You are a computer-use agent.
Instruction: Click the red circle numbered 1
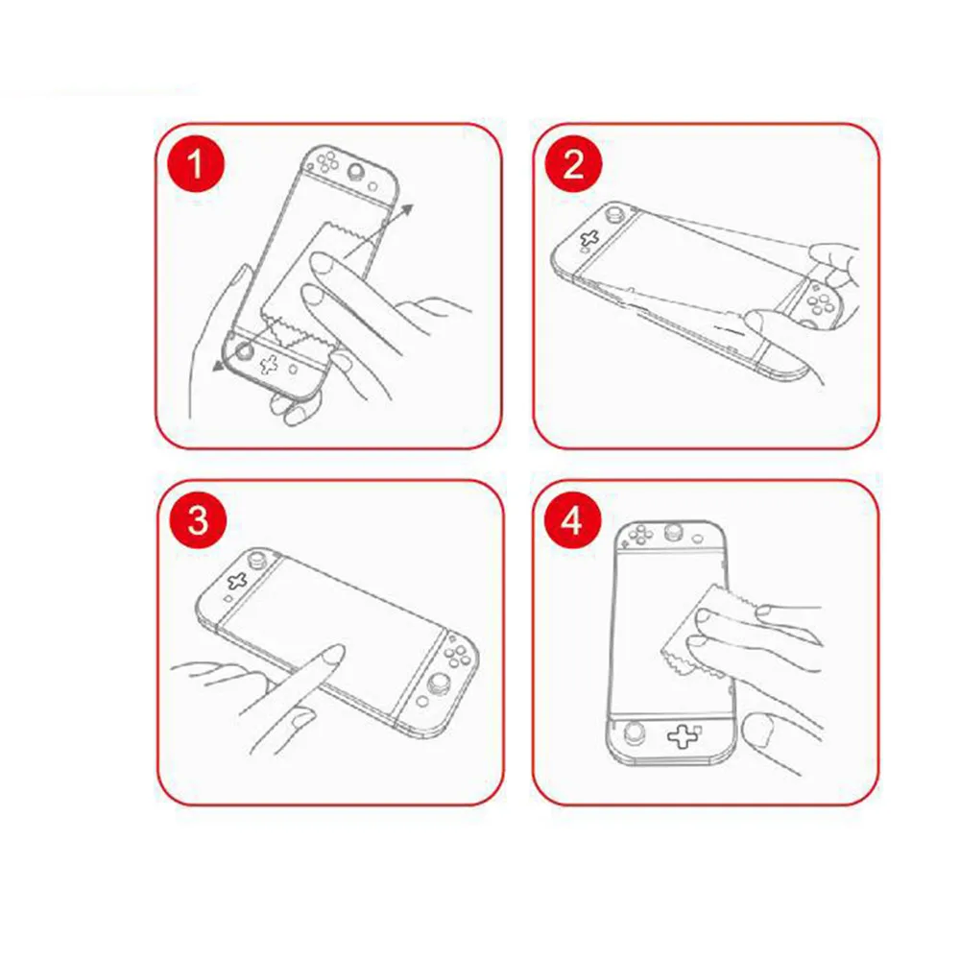[x=196, y=164]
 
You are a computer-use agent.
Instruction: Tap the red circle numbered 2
[x=574, y=164]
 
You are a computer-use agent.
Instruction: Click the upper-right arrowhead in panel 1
[x=406, y=211]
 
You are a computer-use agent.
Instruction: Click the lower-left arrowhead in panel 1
[x=218, y=365]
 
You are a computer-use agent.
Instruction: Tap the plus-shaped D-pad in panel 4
[x=683, y=736]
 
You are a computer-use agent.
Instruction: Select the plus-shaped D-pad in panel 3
[x=236, y=581]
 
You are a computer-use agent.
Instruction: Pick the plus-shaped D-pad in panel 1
[x=269, y=364]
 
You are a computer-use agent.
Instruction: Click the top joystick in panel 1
[x=356, y=171]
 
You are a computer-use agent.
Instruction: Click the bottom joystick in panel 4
[x=635, y=732]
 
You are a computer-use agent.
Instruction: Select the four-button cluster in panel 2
[x=820, y=299]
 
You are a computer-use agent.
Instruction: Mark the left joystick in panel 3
[x=256, y=558]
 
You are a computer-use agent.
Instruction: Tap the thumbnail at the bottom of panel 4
[x=756, y=731]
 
